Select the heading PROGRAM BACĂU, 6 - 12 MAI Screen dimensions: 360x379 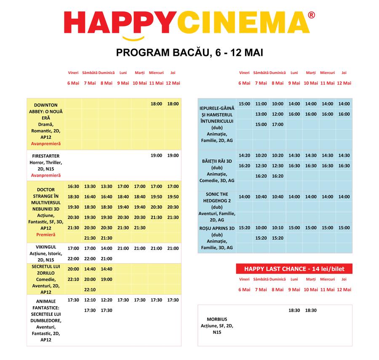pos(189,53)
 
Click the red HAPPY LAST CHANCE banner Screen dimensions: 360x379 pos(294,269)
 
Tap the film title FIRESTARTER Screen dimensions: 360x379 pos(46,156)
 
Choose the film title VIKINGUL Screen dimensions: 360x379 pos(46,247)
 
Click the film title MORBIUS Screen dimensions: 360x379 pos(217,319)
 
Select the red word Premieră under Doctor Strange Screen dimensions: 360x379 pos(46,235)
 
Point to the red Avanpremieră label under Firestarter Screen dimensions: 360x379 pos(46,175)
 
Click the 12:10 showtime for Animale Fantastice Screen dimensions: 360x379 pos(90,300)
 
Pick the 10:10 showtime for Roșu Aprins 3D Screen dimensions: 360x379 pos(278,228)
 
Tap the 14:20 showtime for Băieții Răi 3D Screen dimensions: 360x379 pos(244,156)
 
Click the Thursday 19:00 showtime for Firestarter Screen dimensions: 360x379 pos(173,156)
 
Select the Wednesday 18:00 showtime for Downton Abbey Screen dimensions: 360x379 pos(156,104)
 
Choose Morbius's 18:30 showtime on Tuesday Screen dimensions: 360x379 pos(311,310)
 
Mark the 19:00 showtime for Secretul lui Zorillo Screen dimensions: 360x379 pos(107,279)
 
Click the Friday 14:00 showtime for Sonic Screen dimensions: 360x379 pos(244,197)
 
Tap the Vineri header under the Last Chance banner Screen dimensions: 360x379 pos(244,279)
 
